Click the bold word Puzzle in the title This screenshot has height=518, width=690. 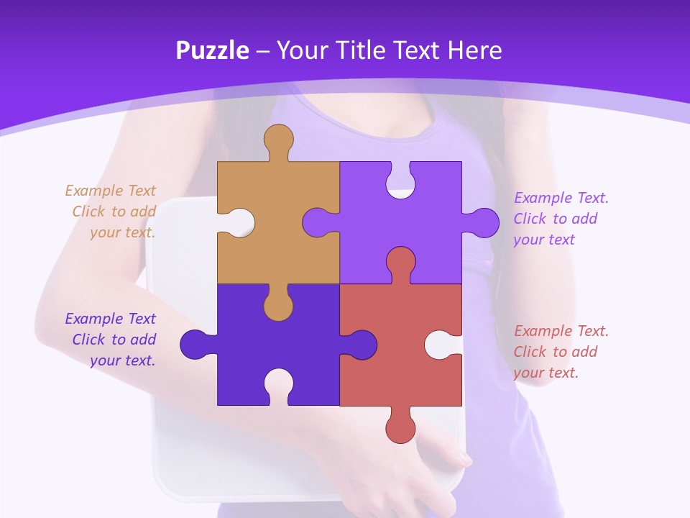212,50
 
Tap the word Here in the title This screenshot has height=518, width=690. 474,50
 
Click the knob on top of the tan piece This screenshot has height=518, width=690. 278,140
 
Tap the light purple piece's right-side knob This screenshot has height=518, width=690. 482,223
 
